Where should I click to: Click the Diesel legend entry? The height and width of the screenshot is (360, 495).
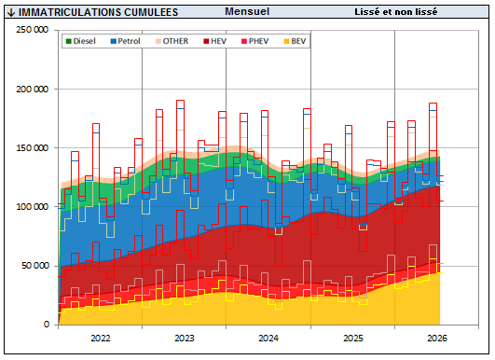pyautogui.click(x=81, y=41)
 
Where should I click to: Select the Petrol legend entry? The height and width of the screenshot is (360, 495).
pyautogui.click(x=125, y=41)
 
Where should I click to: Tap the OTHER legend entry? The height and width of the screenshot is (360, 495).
pyautogui.click(x=172, y=41)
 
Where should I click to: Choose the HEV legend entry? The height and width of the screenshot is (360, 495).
pyautogui.click(x=215, y=41)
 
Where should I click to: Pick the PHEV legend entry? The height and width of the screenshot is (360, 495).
pyautogui.click(x=254, y=41)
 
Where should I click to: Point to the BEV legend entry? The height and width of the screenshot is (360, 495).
pyautogui.click(x=295, y=41)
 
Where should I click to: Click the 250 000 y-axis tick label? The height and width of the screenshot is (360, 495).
pyautogui.click(x=33, y=30)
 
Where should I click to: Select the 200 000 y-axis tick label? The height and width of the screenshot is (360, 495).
pyautogui.click(x=33, y=89)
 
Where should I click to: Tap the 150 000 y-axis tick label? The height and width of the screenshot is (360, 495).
pyautogui.click(x=33, y=147)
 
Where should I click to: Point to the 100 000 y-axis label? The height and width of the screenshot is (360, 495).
pyautogui.click(x=33, y=207)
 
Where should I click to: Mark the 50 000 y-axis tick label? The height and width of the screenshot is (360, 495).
pyautogui.click(x=35, y=266)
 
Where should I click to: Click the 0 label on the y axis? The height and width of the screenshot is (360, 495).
pyautogui.click(x=47, y=325)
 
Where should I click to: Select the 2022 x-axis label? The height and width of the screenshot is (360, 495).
pyautogui.click(x=101, y=339)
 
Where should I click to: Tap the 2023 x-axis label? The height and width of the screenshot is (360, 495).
pyautogui.click(x=185, y=339)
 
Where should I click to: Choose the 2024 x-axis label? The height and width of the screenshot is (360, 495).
pyautogui.click(x=268, y=339)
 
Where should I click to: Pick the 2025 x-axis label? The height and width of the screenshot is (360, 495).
pyautogui.click(x=353, y=339)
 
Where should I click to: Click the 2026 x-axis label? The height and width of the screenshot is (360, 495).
pyautogui.click(x=437, y=339)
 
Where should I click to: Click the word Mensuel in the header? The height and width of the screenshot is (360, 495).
pyautogui.click(x=247, y=11)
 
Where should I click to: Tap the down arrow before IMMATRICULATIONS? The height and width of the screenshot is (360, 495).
pyautogui.click(x=11, y=12)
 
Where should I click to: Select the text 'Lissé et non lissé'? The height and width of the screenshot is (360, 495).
pyautogui.click(x=396, y=12)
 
